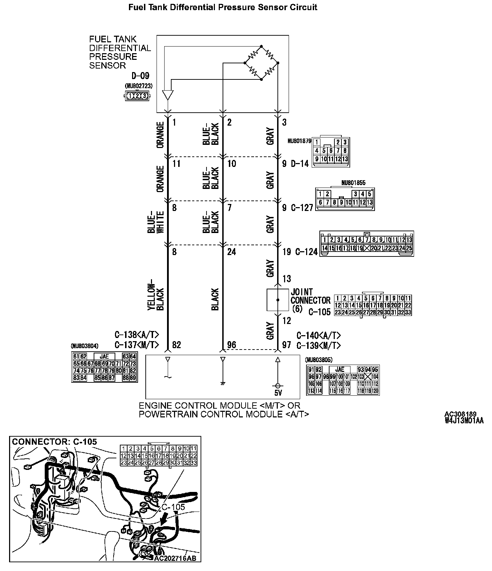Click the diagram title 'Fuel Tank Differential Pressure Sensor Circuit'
[223, 7]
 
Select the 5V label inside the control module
[278, 393]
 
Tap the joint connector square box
[278, 300]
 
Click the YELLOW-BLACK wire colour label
[155, 295]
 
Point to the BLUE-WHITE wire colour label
[155, 222]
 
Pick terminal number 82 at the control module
[176, 345]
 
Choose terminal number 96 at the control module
[231, 345]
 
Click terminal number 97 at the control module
[287, 345]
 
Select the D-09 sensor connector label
[140, 76]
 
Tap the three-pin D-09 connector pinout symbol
[137, 96]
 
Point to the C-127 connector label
[302, 208]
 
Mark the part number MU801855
[353, 183]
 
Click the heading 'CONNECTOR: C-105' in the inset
[54, 442]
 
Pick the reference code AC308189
[461, 414]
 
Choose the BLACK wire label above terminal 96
[215, 299]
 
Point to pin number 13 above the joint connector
[287, 279]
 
